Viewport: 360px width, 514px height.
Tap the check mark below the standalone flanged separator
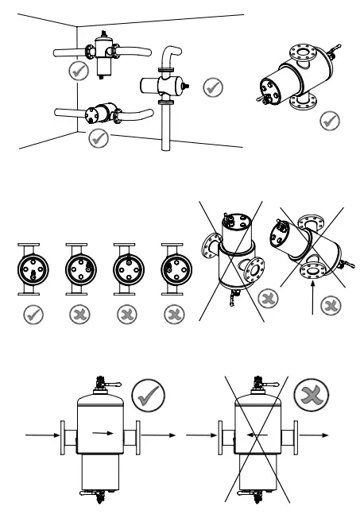[x=325, y=122]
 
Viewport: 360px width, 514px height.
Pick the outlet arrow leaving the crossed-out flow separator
[x=315, y=435]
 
